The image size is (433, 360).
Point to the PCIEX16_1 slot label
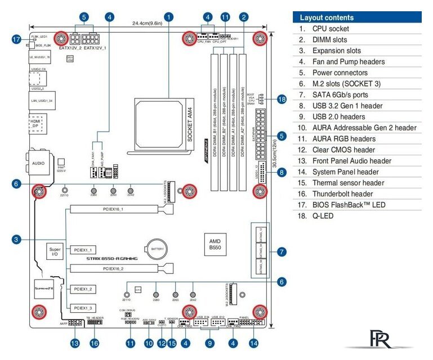[113, 209]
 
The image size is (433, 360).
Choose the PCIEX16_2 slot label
[113, 269]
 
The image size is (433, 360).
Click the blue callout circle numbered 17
[17, 39]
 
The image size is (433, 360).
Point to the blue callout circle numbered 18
[282, 100]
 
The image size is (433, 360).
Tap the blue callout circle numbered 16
[94, 343]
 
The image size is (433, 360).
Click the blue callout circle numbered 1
[169, 17]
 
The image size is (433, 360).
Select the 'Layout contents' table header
[356, 17]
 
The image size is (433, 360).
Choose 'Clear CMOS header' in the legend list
[343, 150]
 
